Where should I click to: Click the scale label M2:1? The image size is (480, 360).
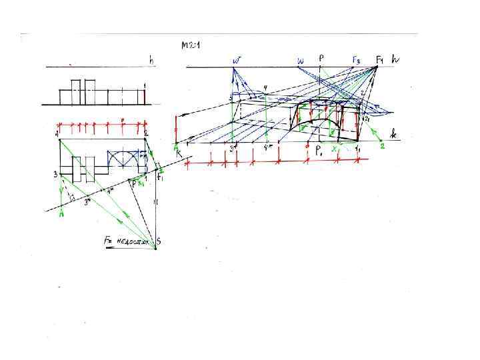coord(191,45)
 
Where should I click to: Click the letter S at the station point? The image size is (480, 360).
coord(159,241)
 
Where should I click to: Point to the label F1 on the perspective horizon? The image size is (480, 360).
coord(379,60)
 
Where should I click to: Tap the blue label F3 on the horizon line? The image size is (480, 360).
coord(357,60)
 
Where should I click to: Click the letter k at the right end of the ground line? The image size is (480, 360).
coord(394,135)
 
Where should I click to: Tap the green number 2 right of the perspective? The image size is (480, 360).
coord(383,147)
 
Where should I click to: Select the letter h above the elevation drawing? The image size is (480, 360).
coord(151,60)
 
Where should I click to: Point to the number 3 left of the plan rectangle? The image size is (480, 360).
coord(56,175)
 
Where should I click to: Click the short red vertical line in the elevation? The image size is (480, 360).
coord(145,97)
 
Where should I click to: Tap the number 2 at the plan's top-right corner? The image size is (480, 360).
coord(145,134)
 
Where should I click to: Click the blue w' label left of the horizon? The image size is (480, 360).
coord(236,60)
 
